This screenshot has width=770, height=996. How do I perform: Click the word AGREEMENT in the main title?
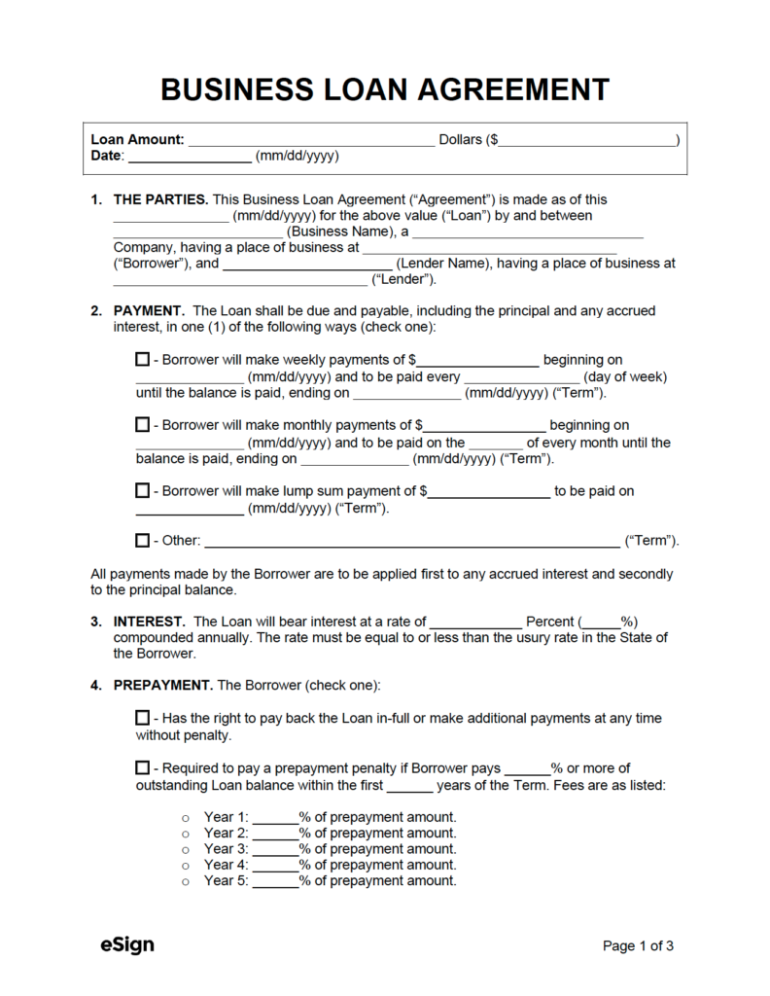514,89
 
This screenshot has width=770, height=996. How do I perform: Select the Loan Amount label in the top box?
137,140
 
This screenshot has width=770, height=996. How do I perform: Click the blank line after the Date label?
190,156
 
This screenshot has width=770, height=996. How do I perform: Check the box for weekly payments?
142,359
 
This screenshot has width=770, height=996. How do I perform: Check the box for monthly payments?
142,424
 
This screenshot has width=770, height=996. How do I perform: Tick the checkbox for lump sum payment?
142,490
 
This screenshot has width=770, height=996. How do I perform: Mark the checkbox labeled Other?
142,540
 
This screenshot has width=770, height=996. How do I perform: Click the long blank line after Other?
410,541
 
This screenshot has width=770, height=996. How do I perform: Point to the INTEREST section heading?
149,621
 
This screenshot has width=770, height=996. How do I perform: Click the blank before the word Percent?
474,622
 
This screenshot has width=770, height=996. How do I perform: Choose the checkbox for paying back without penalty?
142,718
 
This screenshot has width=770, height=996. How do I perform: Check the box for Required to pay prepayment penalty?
142,768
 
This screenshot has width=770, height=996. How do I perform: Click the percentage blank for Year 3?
276,849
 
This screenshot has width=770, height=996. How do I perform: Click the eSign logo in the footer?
126,944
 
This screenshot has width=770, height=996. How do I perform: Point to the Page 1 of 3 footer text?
639,945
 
